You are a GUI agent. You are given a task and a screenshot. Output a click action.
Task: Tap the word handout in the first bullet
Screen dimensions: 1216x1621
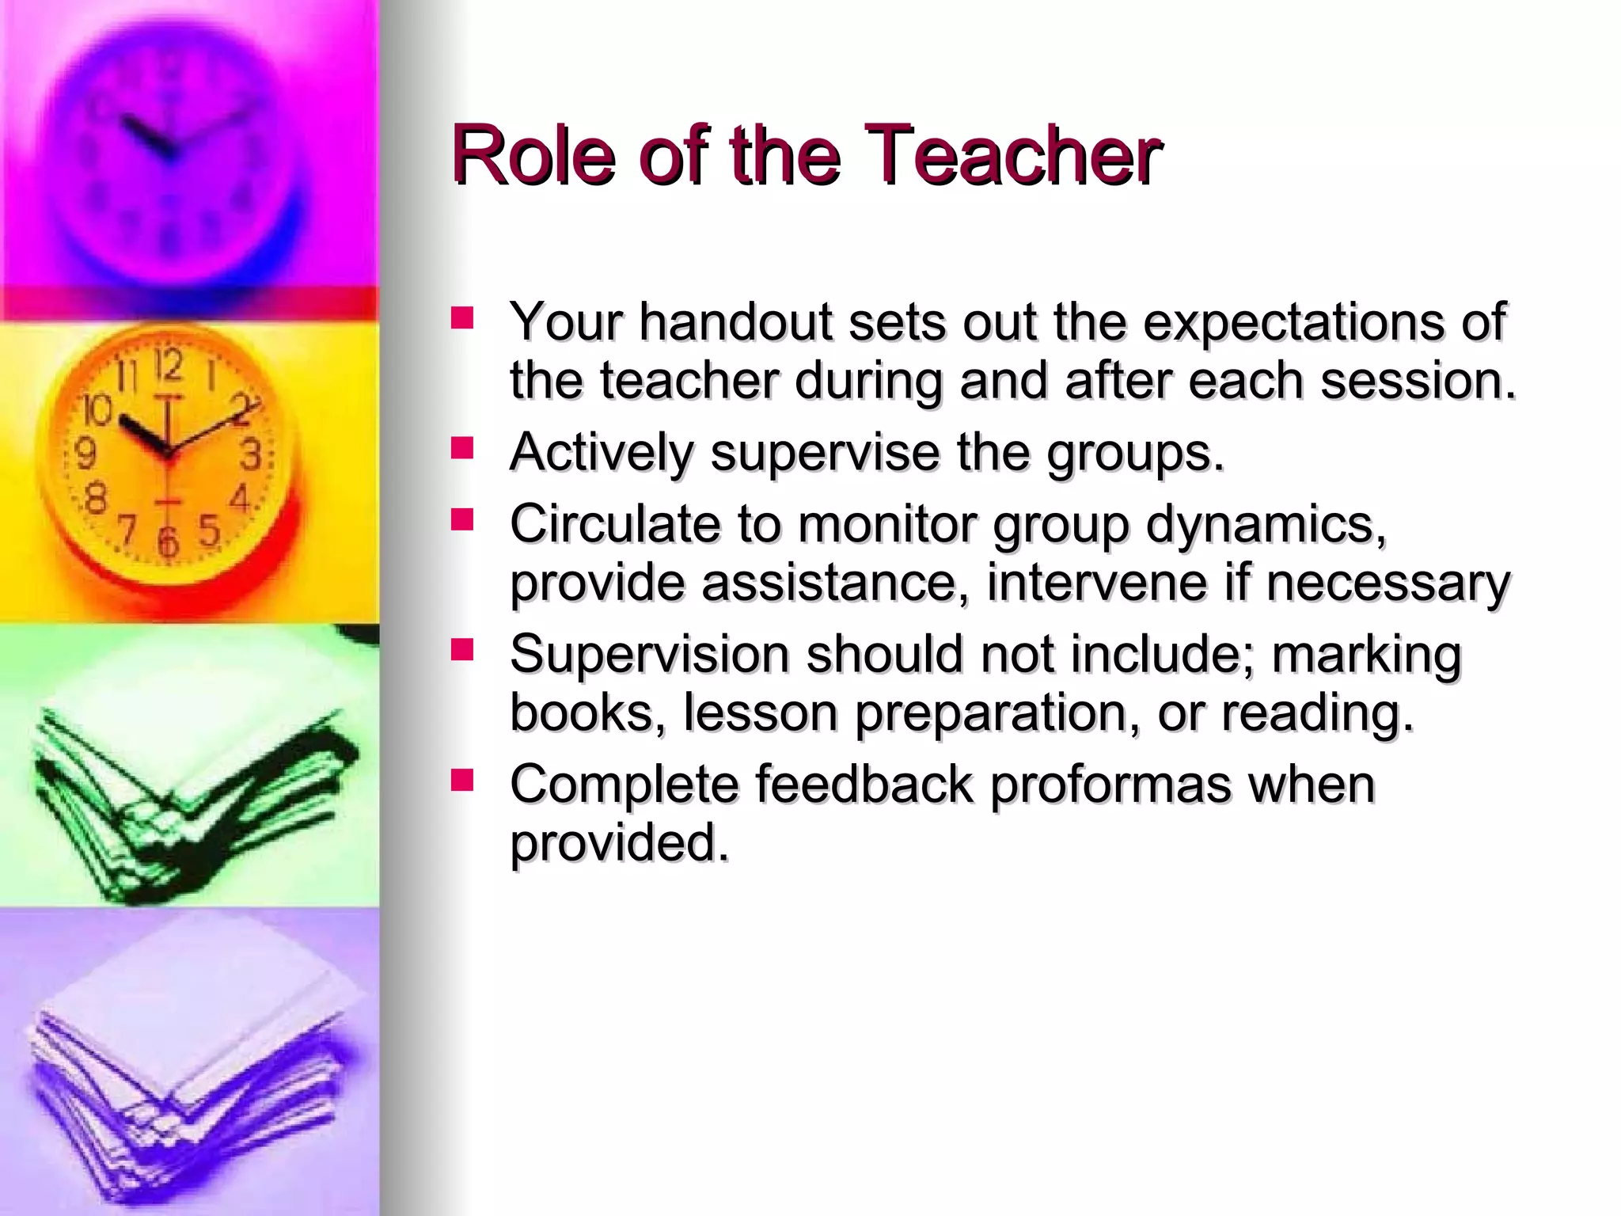(735, 322)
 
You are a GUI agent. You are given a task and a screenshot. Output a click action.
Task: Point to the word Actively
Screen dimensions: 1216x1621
(601, 454)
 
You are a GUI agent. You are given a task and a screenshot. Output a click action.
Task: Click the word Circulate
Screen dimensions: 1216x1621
(614, 524)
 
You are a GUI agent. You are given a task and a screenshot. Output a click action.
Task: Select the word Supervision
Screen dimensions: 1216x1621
(649, 655)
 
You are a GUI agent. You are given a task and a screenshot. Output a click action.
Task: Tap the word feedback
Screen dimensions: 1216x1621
(863, 784)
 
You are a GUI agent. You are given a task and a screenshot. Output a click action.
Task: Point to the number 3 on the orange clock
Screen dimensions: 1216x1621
(251, 455)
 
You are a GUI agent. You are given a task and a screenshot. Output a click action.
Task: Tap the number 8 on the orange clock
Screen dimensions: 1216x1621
(95, 500)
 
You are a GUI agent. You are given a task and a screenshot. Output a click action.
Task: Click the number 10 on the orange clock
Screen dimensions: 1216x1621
(97, 410)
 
